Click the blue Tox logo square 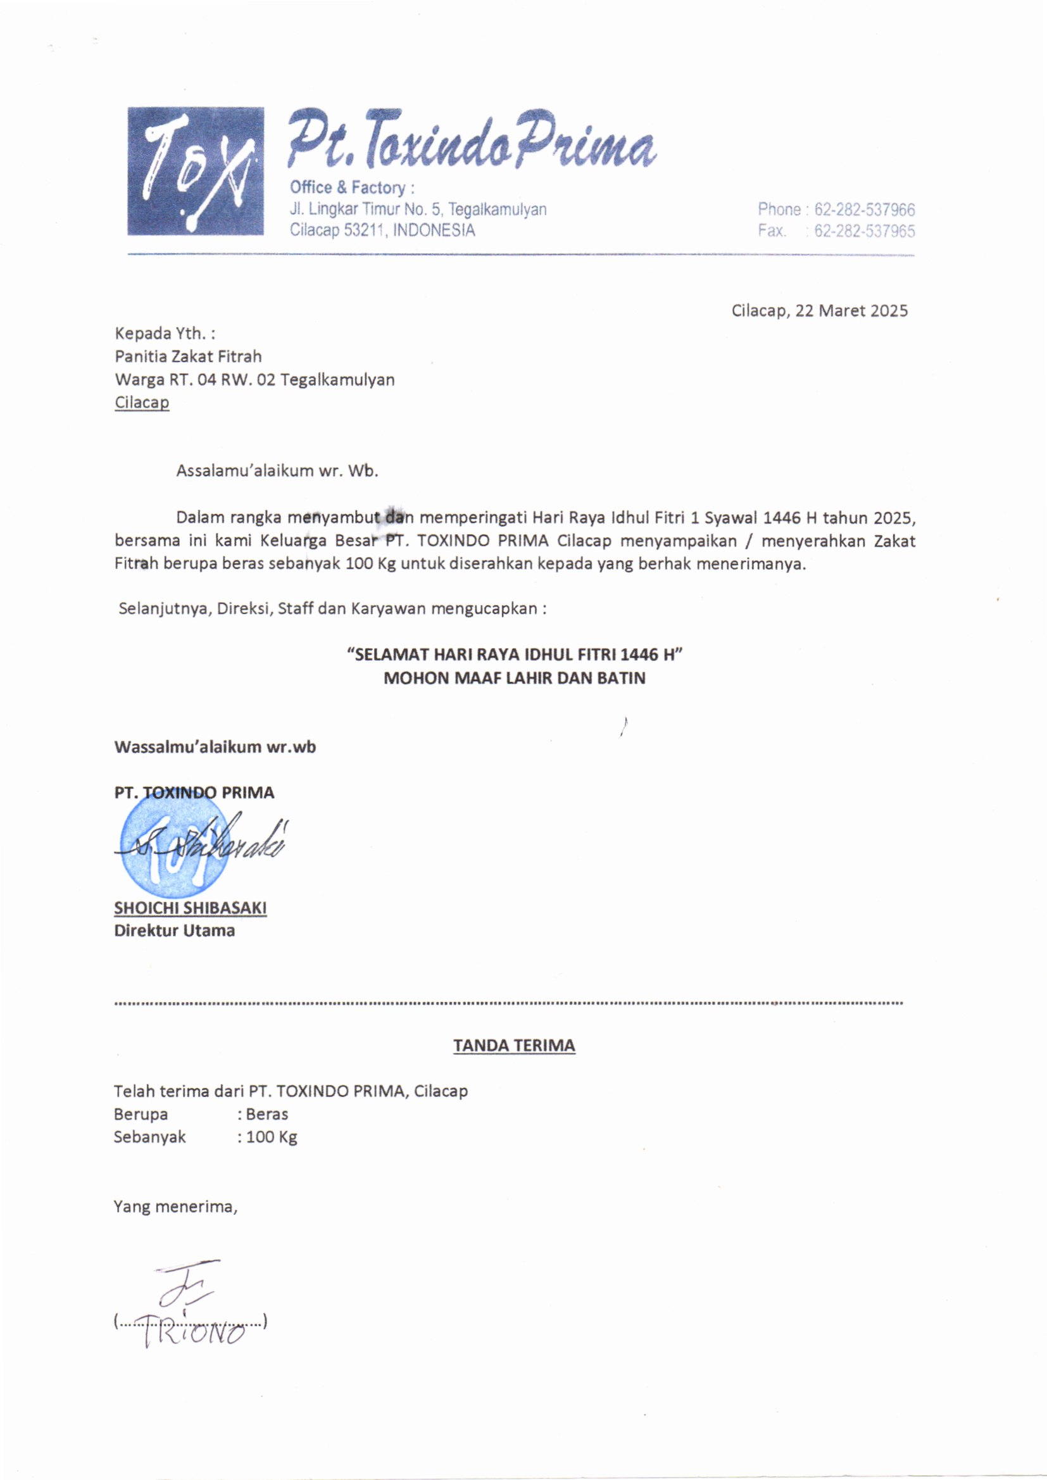196,171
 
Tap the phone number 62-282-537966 865,210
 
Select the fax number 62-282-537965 865,232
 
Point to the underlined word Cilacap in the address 142,403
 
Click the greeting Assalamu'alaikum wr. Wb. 277,470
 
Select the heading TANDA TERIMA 514,1045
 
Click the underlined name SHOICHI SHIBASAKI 190,908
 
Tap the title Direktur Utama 174,930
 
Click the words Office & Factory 348,187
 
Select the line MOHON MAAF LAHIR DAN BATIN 514,678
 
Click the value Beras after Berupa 267,1114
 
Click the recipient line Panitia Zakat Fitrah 188,356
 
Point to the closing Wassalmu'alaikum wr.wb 215,747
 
